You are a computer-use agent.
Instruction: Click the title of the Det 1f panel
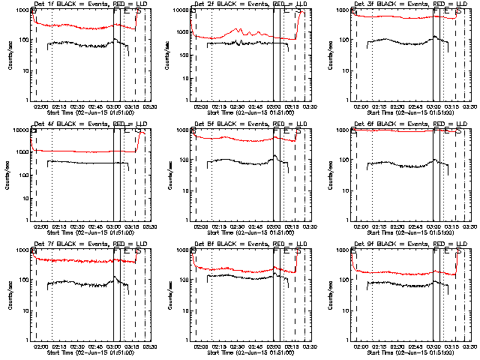(x=79, y=4)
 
